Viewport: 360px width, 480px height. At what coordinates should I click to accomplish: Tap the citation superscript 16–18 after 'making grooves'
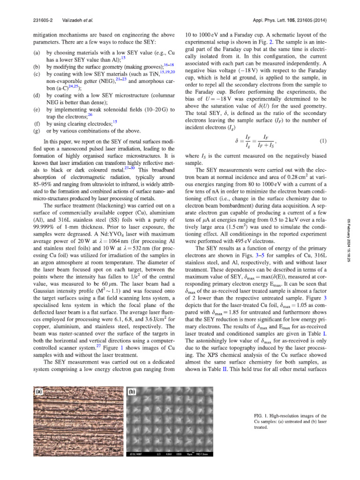[x=169, y=65]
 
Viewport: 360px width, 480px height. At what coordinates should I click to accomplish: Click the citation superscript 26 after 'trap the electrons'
[x=91, y=114]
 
